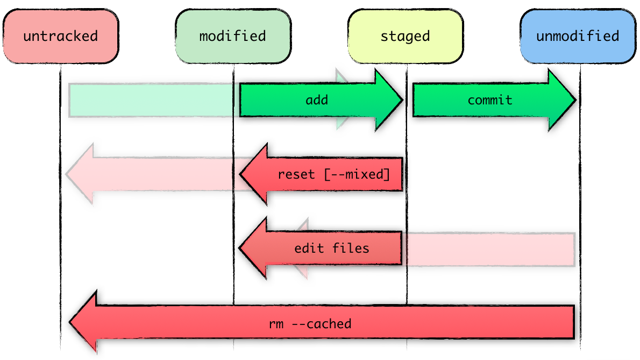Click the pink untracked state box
pos(60,37)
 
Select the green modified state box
pos(233,37)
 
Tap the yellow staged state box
pos(405,37)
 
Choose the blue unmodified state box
pos(578,37)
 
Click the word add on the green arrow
pos(317,100)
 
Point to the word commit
pos(490,100)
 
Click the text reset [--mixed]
pos(333,175)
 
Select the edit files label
pos(332,248)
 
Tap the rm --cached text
pos(310,324)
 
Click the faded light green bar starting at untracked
pos(151,100)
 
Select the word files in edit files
pos(351,248)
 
